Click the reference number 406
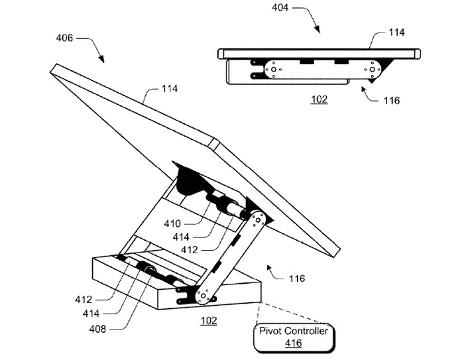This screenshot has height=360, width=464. pos(64,38)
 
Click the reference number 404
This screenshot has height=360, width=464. pos(280,7)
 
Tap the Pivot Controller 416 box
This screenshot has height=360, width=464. pos(294,337)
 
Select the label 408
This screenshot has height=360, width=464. pos(97,329)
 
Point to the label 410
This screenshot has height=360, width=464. pos(172,223)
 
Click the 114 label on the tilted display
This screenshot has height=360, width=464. pos(170,89)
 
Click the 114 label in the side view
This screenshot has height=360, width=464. pos(396,32)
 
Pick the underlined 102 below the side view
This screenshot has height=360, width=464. pos(319,99)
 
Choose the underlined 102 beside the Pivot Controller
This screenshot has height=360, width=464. pos(209,321)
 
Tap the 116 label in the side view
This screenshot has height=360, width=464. pos(392,101)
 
